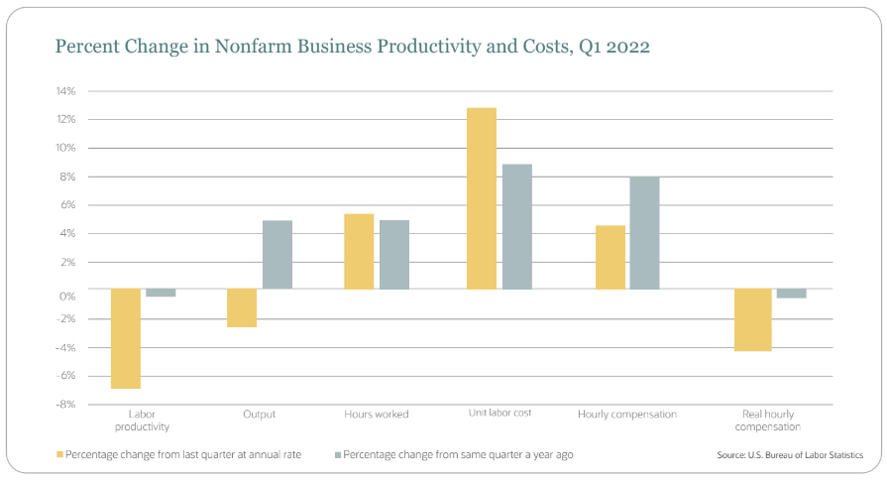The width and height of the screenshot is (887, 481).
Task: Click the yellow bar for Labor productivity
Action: [125, 338]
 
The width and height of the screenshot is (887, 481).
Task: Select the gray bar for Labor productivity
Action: [161, 293]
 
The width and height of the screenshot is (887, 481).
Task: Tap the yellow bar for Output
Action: [242, 307]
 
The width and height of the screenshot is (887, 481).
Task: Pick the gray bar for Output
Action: [277, 255]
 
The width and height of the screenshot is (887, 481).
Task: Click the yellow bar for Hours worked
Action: [359, 252]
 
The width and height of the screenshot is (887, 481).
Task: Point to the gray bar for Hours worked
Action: [394, 255]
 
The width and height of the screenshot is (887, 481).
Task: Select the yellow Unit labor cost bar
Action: [482, 198]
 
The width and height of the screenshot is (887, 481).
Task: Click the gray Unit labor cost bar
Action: [517, 226]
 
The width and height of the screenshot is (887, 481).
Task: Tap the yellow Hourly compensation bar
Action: [610, 258]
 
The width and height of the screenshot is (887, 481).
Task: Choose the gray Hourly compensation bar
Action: [644, 233]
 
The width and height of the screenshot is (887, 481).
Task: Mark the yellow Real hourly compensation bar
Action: [753, 319]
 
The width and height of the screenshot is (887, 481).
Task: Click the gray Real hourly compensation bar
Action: [791, 294]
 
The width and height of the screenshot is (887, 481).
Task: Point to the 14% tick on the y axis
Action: [66, 91]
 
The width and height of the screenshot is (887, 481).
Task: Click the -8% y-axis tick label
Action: [65, 405]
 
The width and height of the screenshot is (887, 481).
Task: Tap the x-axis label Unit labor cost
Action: [501, 414]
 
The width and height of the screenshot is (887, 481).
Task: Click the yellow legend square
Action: [58, 454]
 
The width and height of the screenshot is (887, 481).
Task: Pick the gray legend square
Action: [338, 454]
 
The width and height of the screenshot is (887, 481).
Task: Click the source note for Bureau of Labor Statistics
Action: [789, 455]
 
